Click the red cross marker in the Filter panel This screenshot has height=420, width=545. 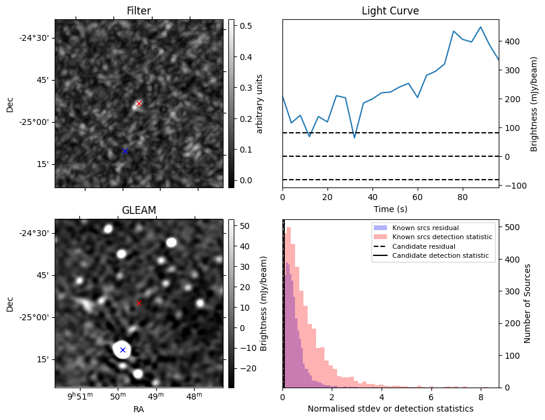point(139,103)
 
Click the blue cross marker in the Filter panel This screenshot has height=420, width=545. point(125,151)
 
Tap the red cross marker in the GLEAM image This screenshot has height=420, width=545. point(139,303)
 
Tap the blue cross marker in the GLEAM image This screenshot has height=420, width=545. point(123,350)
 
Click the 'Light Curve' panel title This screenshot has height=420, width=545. point(390,11)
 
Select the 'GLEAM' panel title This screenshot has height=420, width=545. point(139,210)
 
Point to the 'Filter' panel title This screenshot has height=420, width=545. point(139,11)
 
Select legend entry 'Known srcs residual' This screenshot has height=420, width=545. point(425,228)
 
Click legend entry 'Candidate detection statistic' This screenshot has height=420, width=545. point(440,256)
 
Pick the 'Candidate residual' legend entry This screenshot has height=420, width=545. point(424,247)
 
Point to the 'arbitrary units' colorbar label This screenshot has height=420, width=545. point(260,103)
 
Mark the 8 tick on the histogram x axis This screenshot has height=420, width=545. point(480,397)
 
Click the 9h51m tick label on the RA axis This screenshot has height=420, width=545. point(80,397)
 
